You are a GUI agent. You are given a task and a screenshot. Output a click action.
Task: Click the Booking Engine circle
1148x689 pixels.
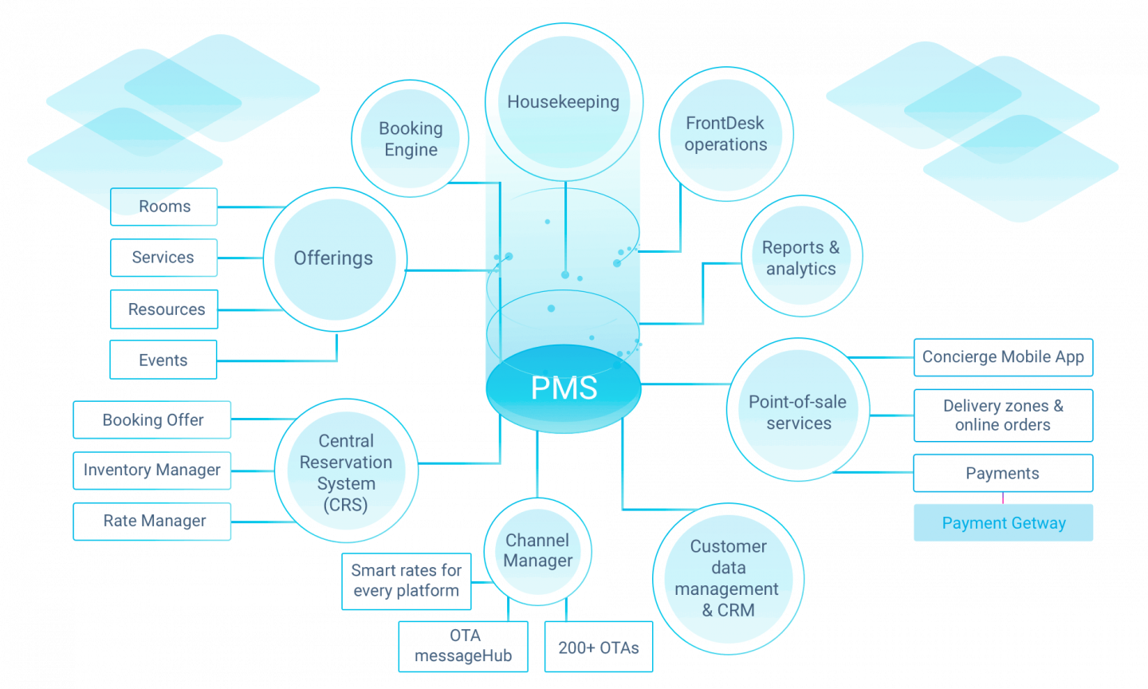coord(411,139)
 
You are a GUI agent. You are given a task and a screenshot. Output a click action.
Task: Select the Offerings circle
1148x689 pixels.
coord(333,258)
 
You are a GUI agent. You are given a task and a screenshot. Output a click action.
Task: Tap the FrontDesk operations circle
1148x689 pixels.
coord(725,134)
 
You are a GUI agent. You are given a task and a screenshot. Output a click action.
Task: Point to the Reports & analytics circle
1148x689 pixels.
coord(800,258)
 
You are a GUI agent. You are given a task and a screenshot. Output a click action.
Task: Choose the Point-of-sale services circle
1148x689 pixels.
coord(798,412)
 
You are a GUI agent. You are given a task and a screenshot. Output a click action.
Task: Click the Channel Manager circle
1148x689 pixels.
coord(538,550)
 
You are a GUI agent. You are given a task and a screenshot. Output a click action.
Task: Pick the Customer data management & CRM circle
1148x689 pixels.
coord(728,578)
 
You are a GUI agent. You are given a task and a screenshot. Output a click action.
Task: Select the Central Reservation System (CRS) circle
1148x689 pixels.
coord(346,472)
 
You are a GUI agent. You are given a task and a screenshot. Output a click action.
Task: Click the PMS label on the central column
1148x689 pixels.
coord(564,388)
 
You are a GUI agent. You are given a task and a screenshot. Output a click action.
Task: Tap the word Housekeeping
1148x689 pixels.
coord(563,102)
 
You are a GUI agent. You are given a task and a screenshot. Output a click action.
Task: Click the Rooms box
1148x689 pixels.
coord(164,207)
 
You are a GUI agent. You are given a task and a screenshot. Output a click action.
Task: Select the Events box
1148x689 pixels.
coord(163,360)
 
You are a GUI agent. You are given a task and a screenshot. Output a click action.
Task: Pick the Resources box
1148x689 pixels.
coord(164,309)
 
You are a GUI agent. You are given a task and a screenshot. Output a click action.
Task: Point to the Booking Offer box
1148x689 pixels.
coord(152,419)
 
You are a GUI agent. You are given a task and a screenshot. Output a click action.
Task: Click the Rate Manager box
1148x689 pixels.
coord(152,522)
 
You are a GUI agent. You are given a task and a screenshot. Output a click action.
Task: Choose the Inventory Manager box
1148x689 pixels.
coord(152,470)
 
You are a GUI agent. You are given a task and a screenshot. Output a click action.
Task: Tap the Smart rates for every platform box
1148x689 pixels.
coord(407,581)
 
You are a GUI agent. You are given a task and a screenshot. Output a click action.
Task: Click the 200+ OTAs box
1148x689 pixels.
coord(598,648)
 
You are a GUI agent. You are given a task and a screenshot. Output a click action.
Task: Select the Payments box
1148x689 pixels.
coord(1002,473)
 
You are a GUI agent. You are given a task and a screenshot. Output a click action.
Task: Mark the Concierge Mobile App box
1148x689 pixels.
coord(1002,357)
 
